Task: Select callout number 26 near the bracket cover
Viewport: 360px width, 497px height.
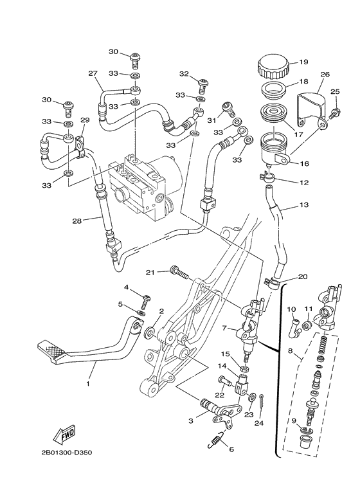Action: [325, 75]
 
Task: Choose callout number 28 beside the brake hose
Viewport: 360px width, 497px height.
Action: [76, 221]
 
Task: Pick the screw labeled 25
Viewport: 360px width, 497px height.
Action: [334, 113]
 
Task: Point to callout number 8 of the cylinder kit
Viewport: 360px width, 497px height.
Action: [291, 352]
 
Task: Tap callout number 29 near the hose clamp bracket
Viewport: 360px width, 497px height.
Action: [84, 120]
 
